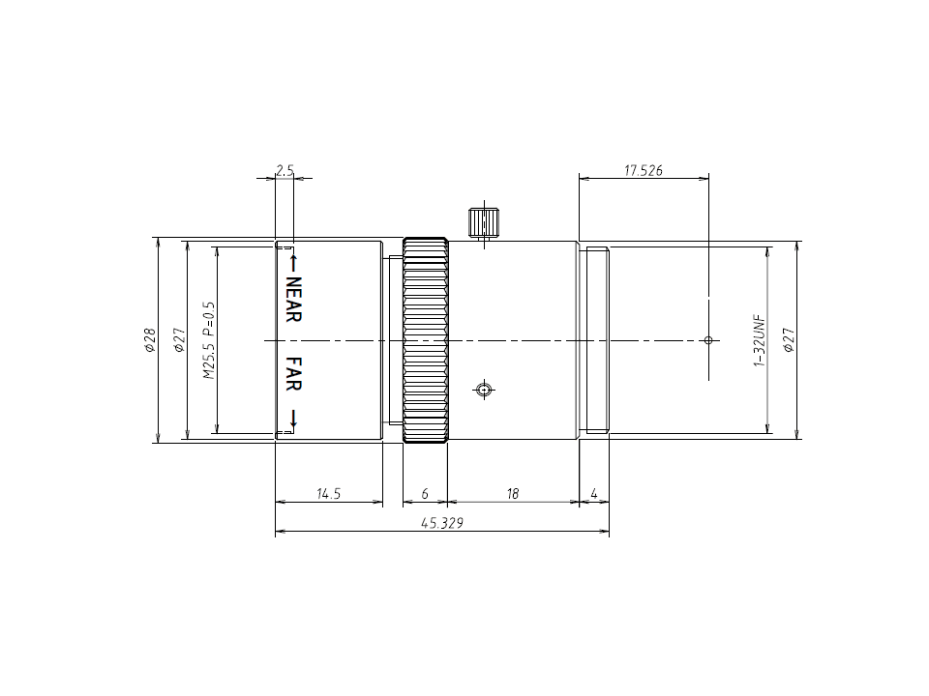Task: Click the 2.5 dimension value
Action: pyautogui.click(x=285, y=170)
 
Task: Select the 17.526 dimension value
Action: pyautogui.click(x=644, y=170)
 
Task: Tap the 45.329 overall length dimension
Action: pyautogui.click(x=440, y=523)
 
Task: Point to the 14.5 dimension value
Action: pyautogui.click(x=329, y=494)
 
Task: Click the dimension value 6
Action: pyautogui.click(x=425, y=494)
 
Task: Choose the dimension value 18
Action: pyautogui.click(x=513, y=494)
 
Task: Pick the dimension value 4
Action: pyautogui.click(x=594, y=494)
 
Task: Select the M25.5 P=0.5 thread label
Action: pyautogui.click(x=207, y=340)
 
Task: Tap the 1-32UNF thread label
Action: pyautogui.click(x=759, y=340)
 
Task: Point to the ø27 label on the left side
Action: pyautogui.click(x=179, y=340)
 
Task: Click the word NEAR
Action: pyautogui.click(x=294, y=301)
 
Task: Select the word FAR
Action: pyautogui.click(x=294, y=374)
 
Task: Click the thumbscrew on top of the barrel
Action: pyautogui.click(x=483, y=222)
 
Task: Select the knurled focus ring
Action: pyautogui.click(x=426, y=340)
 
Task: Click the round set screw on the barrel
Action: pyautogui.click(x=484, y=391)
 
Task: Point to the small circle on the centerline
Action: pyautogui.click(x=708, y=340)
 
